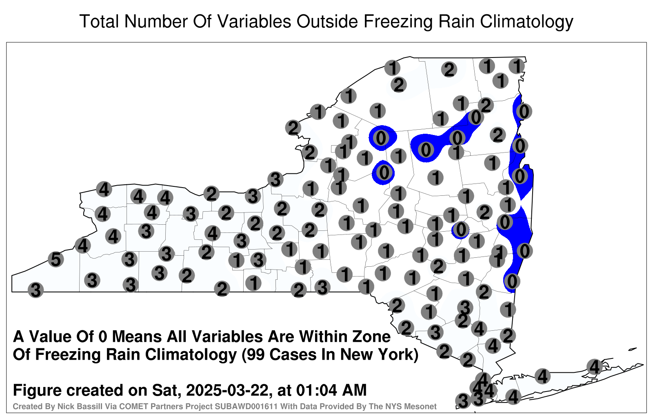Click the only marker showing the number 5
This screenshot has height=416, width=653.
coord(56,259)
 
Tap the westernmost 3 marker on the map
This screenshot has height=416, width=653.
coord(36,290)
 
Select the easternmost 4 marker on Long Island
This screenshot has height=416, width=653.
coord(594,367)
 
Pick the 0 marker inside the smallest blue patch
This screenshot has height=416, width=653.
coord(461,230)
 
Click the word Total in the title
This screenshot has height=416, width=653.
coord(99,21)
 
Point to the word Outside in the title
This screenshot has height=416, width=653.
coord(327,21)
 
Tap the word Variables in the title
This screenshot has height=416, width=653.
coord(242,21)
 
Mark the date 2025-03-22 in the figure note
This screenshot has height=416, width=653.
coord(227,390)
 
